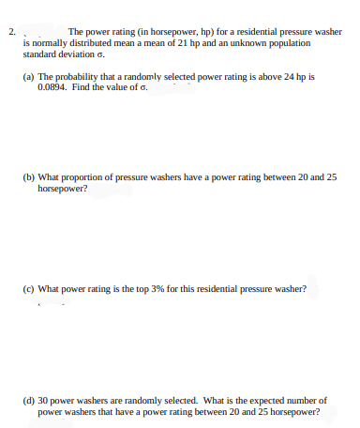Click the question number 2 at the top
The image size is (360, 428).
(11, 33)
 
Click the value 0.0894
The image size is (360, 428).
(52, 86)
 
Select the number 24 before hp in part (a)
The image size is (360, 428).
(295, 76)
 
